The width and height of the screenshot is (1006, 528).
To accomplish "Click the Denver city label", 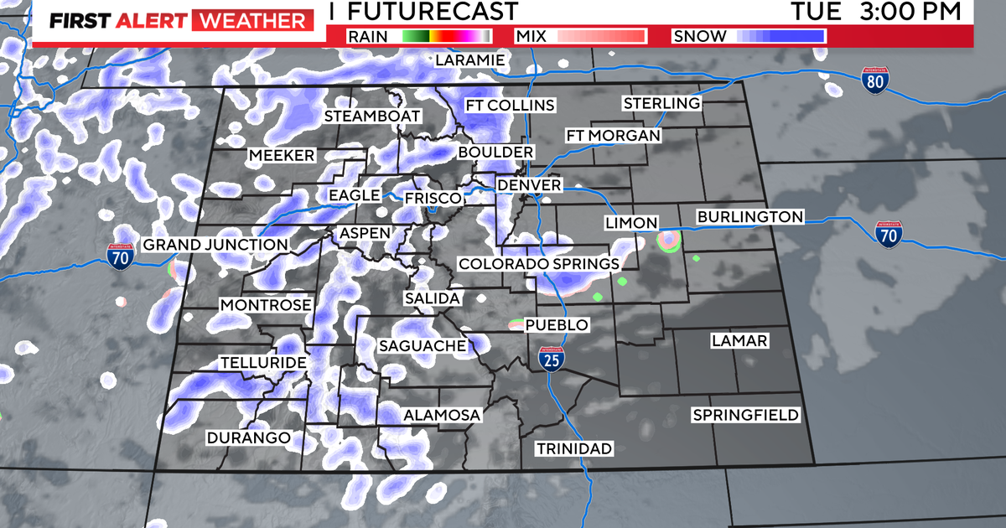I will (x=528, y=184).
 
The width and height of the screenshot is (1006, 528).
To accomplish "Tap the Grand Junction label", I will (x=215, y=245).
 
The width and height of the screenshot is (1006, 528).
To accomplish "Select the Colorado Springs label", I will (x=538, y=264).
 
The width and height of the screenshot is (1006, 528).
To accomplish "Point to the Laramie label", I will (x=469, y=60).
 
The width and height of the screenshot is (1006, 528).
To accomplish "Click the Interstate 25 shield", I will (x=551, y=360).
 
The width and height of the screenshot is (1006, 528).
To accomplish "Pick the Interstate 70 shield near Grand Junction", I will (x=122, y=256).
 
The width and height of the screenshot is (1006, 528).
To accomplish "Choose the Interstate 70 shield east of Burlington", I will (x=889, y=234).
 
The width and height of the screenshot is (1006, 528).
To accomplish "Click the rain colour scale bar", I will (x=445, y=36).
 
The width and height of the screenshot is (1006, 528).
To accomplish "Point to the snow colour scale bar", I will (x=781, y=36).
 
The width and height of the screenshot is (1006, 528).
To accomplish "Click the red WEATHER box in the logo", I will (x=249, y=21).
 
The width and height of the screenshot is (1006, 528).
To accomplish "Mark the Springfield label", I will (x=745, y=415).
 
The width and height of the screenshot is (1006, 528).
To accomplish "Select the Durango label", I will (x=248, y=437).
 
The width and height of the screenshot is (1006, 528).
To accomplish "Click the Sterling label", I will (x=661, y=103).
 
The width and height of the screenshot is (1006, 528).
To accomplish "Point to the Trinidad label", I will (x=574, y=448).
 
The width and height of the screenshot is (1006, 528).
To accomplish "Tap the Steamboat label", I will (x=373, y=116).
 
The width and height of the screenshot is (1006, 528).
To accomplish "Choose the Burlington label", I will (x=749, y=217).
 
